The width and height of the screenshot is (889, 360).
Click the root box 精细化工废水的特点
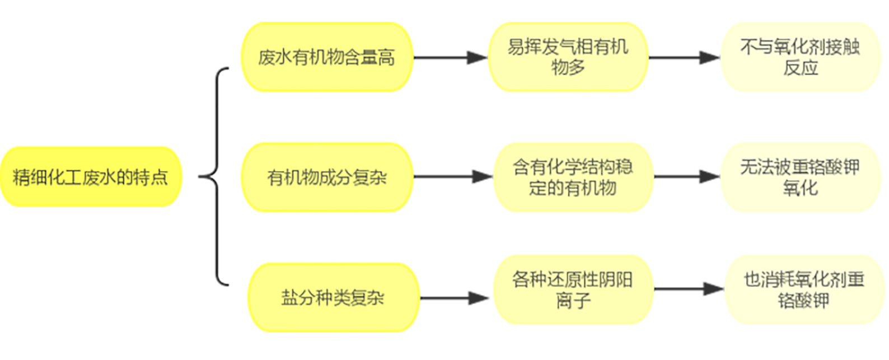[91, 177]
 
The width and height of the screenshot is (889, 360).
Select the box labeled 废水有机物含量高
[326, 57]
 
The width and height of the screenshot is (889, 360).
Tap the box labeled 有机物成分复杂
[326, 177]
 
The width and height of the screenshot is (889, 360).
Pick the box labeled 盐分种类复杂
[333, 297]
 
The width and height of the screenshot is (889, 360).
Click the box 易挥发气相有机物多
[568, 57]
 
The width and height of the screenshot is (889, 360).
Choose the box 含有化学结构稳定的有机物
[573, 177]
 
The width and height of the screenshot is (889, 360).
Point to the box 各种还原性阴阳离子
[573, 289]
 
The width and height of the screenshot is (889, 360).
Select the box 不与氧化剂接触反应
[800, 57]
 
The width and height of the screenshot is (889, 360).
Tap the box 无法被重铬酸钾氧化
[800, 177]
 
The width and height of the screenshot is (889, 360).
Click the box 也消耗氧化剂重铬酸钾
[804, 289]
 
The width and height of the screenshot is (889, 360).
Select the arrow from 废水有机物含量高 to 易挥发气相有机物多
[450, 57]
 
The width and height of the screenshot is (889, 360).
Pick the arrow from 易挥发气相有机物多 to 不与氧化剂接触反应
[684, 57]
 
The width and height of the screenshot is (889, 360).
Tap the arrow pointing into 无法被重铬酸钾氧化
[687, 177]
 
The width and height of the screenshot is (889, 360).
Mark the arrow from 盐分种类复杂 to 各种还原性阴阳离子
[455, 298]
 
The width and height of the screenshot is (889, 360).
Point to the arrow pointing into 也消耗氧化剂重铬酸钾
[689, 289]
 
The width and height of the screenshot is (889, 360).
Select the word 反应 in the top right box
[800, 68]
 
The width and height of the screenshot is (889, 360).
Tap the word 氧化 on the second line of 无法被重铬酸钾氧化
[800, 188]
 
